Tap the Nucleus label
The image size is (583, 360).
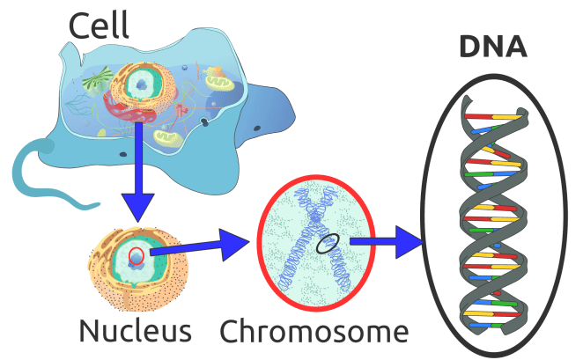pos(135,332)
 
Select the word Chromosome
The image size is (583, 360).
pos(314,332)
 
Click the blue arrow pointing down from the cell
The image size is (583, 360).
pos(137,176)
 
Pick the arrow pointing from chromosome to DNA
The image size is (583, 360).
pos(387,239)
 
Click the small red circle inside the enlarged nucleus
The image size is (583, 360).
pos(136,255)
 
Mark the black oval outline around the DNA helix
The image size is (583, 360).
pos(425,211)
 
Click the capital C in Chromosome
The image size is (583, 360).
pos(231,332)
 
